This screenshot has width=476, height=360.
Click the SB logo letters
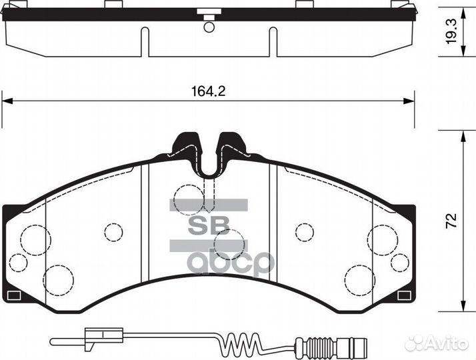coord(208,224)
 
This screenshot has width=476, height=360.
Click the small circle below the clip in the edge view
coord(209,27)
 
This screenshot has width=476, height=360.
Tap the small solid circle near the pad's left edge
coord(19,262)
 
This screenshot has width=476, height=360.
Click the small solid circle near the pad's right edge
coord(399,262)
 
